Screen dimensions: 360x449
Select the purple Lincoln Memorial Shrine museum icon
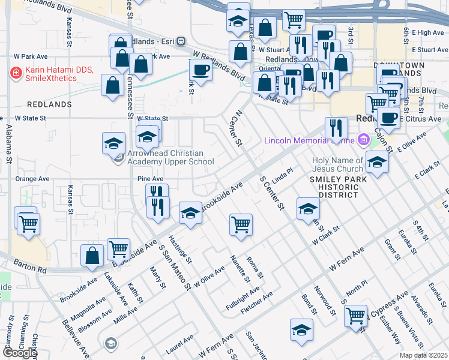pyautogui.click(x=363, y=141)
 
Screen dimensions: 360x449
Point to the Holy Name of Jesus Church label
pyautogui.click(x=337, y=164)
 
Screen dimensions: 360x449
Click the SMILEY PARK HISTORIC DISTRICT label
pyautogui.click(x=333, y=187)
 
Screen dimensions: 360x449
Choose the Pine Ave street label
pyautogui.click(x=150, y=179)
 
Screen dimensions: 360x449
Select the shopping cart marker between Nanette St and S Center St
pyautogui.click(x=241, y=225)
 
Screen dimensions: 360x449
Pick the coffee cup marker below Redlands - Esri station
pyautogui.click(x=200, y=70)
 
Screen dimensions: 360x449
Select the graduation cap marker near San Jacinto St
pyautogui.click(x=301, y=330)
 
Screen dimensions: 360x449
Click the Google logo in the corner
pyautogui.click(x=19, y=352)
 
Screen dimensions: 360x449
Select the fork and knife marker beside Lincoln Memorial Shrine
pyautogui.click(x=336, y=128)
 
